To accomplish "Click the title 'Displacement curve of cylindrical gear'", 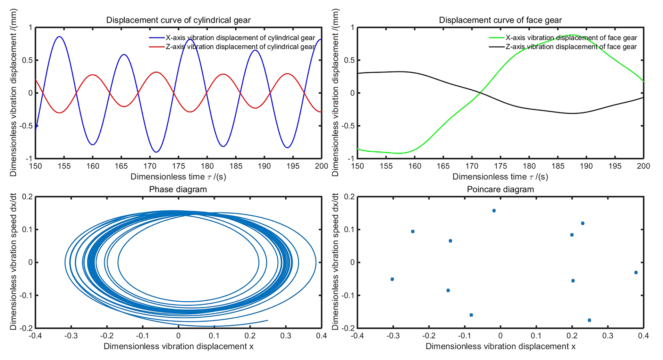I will [x=178, y=20].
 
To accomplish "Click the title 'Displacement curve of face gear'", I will [x=500, y=20].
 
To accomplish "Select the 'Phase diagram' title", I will [x=178, y=189].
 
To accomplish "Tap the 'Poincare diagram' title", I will [x=500, y=189].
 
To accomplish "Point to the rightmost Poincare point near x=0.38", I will [x=636, y=272].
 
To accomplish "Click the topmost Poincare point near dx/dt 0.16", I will [x=494, y=211].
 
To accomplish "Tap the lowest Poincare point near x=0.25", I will [x=589, y=320].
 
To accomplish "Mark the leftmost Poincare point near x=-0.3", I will [x=392, y=279].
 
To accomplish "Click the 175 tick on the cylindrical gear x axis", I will [x=179, y=166].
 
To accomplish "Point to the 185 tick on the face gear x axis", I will [x=558, y=166].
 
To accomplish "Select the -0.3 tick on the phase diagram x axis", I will [x=71, y=336].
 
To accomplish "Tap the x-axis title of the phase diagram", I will [x=178, y=347].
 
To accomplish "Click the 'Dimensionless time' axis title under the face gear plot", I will [x=500, y=177].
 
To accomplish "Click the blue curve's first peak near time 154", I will [x=59, y=37].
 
